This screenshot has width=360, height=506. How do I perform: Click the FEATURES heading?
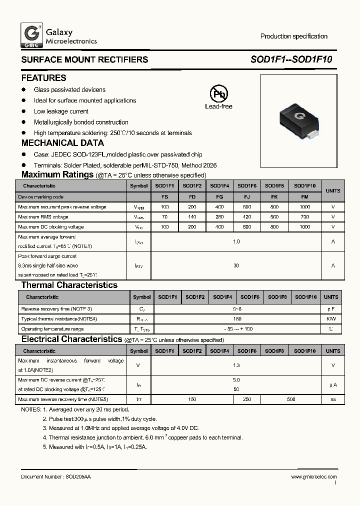43,78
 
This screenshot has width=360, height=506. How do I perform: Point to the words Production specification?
293,36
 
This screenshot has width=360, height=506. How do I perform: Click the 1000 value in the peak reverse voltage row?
305,207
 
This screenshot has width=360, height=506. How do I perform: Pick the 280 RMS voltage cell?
219,217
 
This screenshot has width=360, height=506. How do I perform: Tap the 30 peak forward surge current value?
236,266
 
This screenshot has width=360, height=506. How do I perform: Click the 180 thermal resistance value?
237,319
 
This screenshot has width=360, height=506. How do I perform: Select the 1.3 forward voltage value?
236,365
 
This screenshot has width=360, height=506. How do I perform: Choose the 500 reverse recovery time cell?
291,399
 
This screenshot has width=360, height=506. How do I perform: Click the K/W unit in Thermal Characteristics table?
331,319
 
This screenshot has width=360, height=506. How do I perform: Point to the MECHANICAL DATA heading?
62,143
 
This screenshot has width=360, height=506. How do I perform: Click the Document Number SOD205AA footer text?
56,477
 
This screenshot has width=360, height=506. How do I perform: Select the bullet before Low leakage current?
23,111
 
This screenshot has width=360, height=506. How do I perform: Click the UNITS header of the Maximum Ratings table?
333,190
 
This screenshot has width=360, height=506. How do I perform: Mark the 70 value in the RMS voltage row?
165,217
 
